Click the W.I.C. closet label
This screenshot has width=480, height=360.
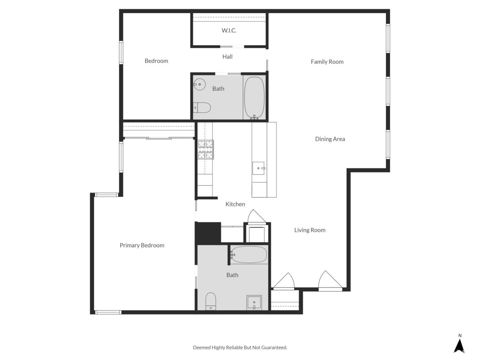point(229,31)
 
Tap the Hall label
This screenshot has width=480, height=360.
point(227,57)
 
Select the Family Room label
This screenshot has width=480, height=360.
point(327,62)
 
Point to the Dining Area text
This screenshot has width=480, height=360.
point(330,139)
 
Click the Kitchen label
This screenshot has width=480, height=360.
point(235,204)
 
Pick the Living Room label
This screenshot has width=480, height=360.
point(310,230)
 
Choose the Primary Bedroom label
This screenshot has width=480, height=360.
point(142,245)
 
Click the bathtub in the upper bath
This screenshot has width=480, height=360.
point(254,97)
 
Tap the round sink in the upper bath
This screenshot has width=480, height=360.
point(199,84)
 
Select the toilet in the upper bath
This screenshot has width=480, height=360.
point(202,108)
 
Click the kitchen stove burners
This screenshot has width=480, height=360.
point(205,149)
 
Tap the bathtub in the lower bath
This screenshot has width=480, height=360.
point(249,255)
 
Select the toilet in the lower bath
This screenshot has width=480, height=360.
point(211,301)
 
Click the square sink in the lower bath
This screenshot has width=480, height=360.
point(254,302)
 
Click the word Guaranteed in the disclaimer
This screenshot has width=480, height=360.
point(274,348)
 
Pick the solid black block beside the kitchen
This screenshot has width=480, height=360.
point(208,233)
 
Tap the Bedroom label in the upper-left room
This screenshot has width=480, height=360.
point(156,61)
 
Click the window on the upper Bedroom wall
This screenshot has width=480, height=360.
point(121,52)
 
